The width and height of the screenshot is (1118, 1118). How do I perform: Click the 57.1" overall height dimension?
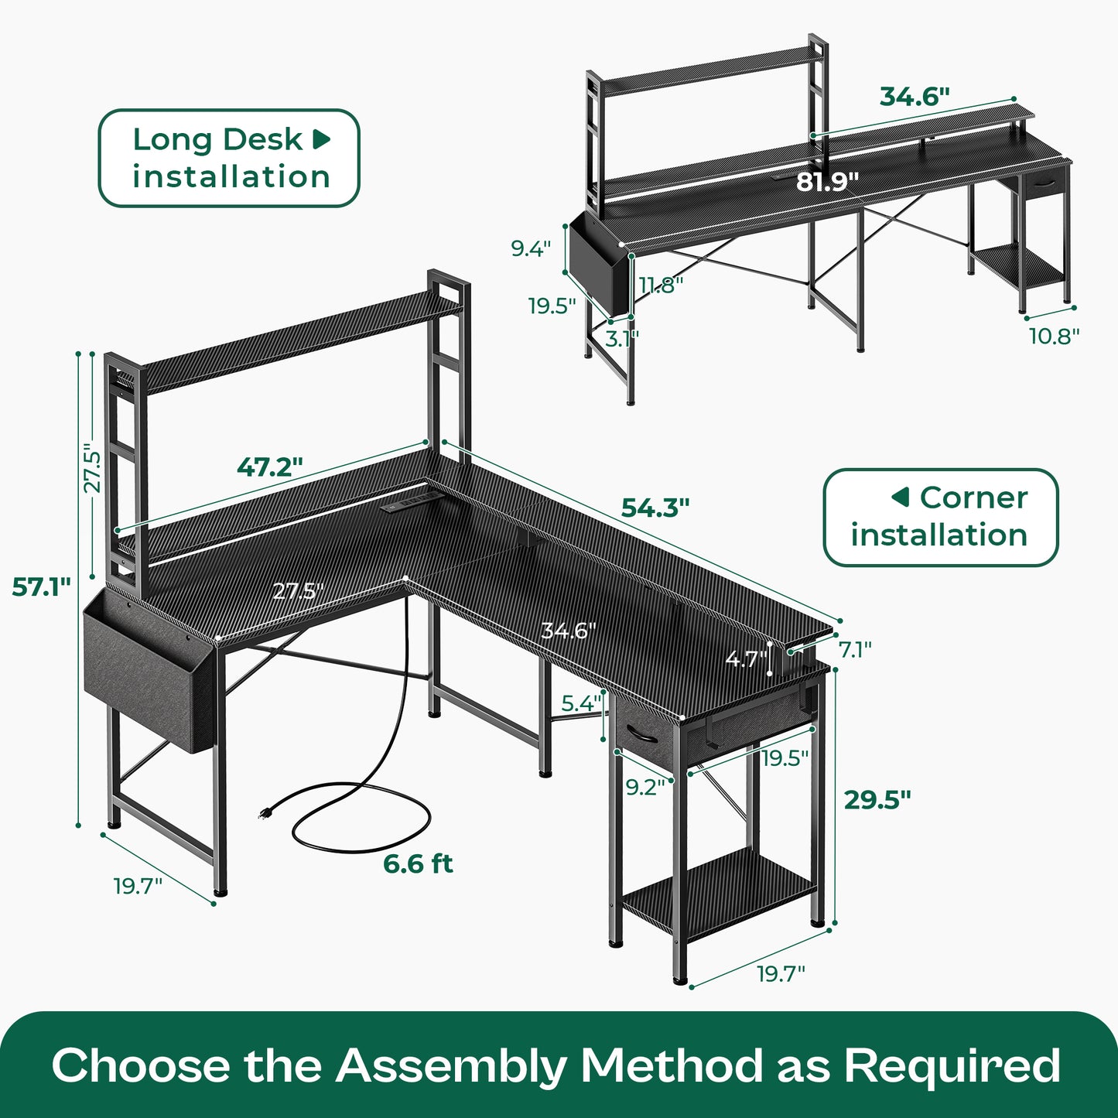(x=41, y=586)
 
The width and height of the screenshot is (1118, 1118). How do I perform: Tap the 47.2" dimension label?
(x=270, y=467)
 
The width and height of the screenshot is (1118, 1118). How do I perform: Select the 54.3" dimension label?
(x=655, y=507)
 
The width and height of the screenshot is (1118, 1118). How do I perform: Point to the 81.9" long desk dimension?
(x=827, y=181)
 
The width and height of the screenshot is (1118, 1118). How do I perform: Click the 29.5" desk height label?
(x=878, y=799)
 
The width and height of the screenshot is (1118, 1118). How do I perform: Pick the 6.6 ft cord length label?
(x=418, y=864)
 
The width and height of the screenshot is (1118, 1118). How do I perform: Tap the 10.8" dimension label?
(x=1055, y=335)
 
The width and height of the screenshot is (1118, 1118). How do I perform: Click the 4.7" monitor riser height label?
(x=746, y=659)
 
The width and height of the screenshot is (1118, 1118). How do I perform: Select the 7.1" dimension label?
(x=855, y=650)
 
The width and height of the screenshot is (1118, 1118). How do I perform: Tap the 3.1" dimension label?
(x=622, y=338)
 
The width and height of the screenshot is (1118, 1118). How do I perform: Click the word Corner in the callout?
(x=973, y=497)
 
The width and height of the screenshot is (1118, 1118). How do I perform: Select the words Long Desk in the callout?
(x=217, y=140)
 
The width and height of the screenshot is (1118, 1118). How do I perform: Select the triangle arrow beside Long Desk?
(x=321, y=139)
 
